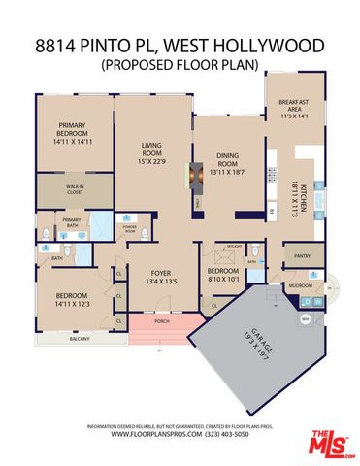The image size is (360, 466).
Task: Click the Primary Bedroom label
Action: (x=73, y=126)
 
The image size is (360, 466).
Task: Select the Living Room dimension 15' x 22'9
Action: (x=152, y=160)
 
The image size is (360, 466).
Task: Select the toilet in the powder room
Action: (x=145, y=233)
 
